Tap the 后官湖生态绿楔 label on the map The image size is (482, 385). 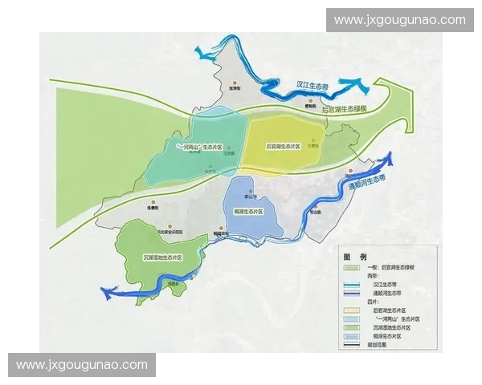coord(345,109)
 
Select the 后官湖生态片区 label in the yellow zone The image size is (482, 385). coord(283,147)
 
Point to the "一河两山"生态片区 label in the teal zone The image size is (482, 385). coord(198,148)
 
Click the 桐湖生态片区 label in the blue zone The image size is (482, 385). coord(248,211)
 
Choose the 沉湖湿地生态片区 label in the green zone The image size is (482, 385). coord(164,258)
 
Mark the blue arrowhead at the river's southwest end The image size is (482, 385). coord(106,294)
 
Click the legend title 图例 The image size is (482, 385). coord(355,256)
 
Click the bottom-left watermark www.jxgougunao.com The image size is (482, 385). coord(82,365)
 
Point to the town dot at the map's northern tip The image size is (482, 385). coord(234,83)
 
